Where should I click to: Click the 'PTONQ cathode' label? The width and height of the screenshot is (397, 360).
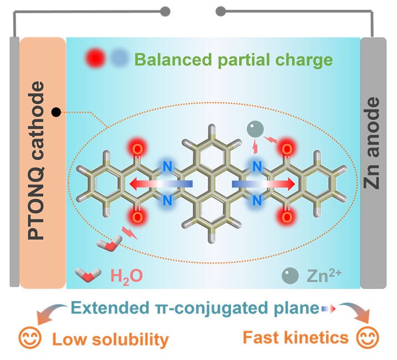click(x=36, y=160)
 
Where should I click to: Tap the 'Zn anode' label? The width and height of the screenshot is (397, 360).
click(x=371, y=143)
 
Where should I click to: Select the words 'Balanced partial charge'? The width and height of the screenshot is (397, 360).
click(x=233, y=60)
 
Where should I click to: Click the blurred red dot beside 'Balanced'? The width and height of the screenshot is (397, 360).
click(x=96, y=58)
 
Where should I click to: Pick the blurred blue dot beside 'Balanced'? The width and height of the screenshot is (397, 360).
click(x=119, y=58)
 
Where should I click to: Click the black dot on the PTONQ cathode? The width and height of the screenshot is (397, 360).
click(x=56, y=112)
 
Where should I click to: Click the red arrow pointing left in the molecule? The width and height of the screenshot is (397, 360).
click(x=161, y=184)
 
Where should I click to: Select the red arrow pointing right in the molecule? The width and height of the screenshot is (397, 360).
click(x=264, y=184)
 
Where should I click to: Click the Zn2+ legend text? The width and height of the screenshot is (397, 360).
click(x=324, y=275)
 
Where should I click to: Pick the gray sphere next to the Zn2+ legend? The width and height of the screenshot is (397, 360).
click(x=290, y=276)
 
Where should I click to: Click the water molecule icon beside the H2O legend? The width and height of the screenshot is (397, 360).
click(x=88, y=275)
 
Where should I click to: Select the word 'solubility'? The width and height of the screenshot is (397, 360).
click(x=130, y=339)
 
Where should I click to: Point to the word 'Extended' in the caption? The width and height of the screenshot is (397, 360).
click(x=110, y=308)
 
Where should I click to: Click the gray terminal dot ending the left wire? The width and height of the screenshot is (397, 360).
click(x=165, y=12)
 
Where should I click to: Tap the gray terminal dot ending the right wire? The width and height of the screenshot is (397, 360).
click(x=220, y=12)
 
